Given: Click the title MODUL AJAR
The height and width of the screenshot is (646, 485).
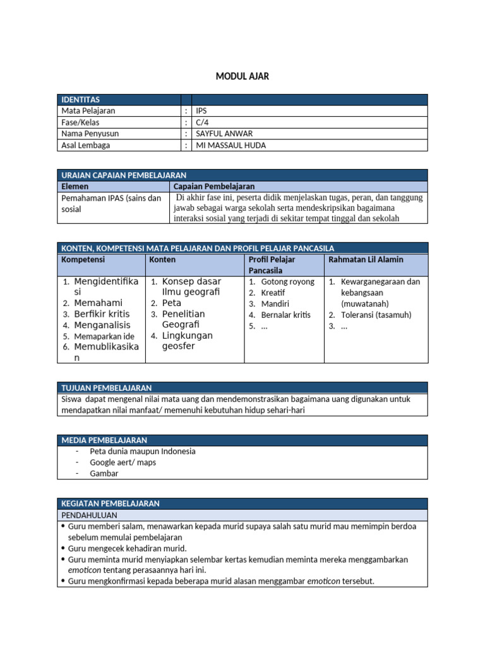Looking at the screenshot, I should click(x=242, y=76).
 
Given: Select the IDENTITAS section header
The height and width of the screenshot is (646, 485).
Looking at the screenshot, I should click(x=80, y=100).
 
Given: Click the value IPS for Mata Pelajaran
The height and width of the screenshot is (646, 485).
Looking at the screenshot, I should click(x=201, y=111).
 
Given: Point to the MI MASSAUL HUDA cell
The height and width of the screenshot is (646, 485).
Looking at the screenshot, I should click(x=231, y=145).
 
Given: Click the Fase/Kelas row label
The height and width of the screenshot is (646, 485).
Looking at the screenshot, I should click(x=80, y=122).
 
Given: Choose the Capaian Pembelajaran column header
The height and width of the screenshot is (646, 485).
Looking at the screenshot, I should click(x=213, y=186).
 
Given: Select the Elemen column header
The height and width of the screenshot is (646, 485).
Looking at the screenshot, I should click(x=75, y=186).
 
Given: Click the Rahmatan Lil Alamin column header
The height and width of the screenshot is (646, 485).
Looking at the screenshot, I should click(x=366, y=259).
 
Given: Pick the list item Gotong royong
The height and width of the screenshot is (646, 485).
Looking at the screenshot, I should click(x=287, y=282).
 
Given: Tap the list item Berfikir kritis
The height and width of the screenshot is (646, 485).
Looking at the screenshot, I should click(x=102, y=314).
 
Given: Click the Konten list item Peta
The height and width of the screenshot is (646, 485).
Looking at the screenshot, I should click(x=172, y=303).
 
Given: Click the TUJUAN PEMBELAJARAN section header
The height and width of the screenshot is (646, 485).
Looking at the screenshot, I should click(x=106, y=387).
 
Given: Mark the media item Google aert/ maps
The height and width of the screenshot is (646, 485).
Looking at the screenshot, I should click(x=123, y=462).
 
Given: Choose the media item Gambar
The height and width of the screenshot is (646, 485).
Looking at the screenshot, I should click(x=104, y=473).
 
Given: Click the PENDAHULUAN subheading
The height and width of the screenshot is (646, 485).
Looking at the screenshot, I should click(x=89, y=515).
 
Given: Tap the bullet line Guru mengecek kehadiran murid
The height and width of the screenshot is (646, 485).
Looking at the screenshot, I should click(x=127, y=548).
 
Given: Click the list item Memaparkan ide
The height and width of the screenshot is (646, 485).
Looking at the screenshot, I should click(x=104, y=336).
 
